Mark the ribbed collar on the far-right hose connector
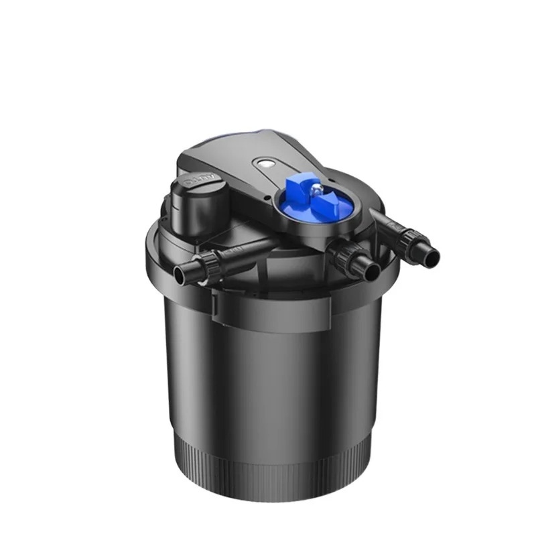pyautogui.click(x=411, y=240)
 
